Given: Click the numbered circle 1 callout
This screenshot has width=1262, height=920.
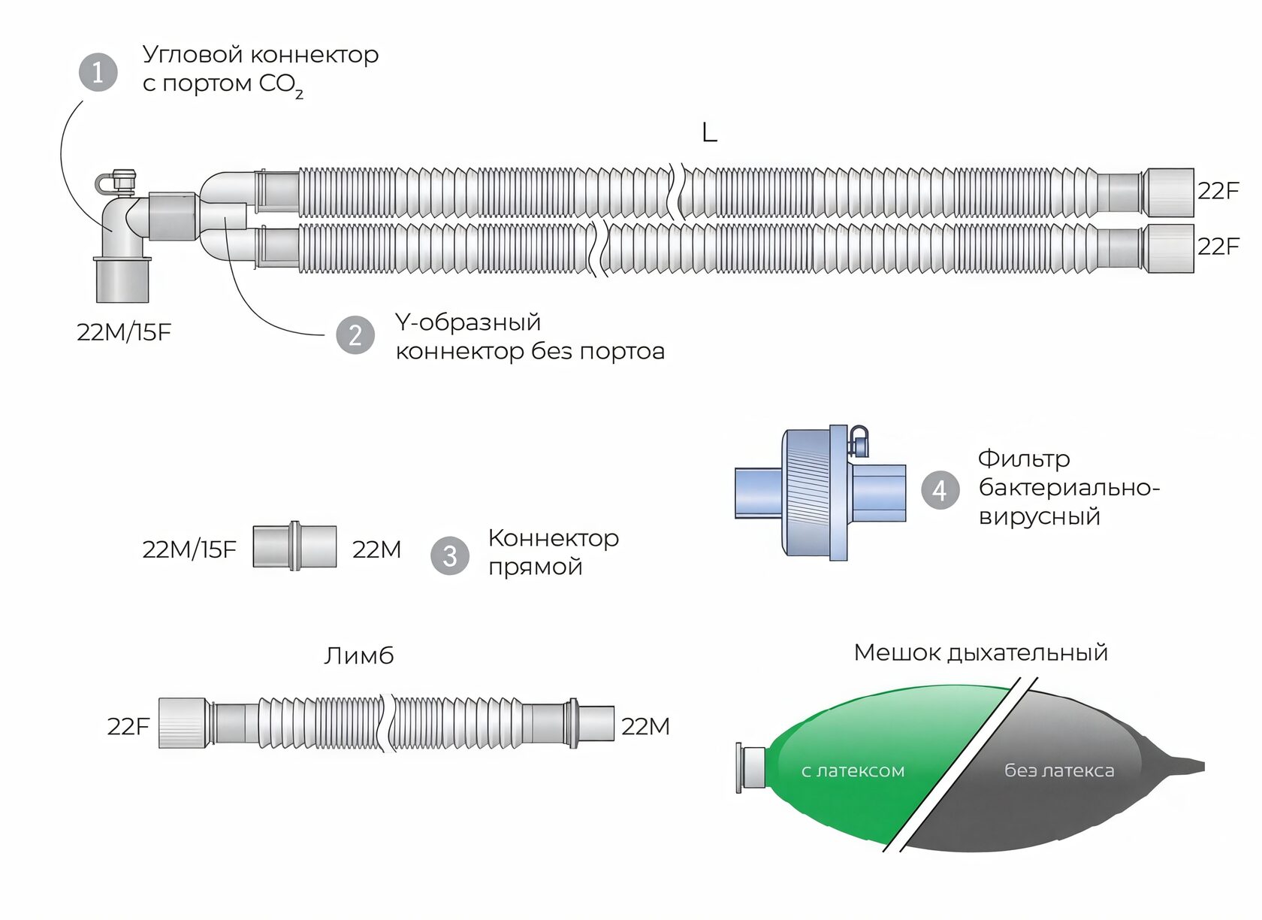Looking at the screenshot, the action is point(98,72).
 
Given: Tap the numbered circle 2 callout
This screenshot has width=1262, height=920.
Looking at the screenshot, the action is point(355,335).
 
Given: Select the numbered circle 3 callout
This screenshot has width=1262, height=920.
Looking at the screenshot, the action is point(449,556).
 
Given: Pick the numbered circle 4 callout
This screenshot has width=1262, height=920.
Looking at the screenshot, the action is point(940,490).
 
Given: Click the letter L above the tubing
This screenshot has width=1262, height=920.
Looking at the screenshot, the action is point(709,132).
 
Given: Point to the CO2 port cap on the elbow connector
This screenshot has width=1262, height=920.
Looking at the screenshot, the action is point(123,180).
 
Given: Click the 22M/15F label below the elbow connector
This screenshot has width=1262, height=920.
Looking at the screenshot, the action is point(124,332).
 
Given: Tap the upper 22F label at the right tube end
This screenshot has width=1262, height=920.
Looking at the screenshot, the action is point(1218,192).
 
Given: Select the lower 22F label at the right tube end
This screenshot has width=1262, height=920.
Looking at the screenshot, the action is point(1218,247).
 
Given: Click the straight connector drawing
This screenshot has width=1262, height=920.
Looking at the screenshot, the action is point(294,546).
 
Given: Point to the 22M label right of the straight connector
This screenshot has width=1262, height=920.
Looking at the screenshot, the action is point(377,549).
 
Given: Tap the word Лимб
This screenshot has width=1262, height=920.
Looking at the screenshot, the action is point(359,656).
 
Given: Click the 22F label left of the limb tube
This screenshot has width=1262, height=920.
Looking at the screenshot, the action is point(128,727).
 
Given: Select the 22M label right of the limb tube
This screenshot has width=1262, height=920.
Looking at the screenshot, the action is point(646,727).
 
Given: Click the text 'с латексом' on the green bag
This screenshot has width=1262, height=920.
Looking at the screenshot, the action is point(853,770).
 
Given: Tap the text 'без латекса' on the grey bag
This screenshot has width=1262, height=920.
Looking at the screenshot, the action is point(1059,770).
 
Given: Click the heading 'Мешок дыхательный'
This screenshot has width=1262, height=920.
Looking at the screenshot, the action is point(981,652).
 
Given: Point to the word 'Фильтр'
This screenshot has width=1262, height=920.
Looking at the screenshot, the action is point(1024,458).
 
